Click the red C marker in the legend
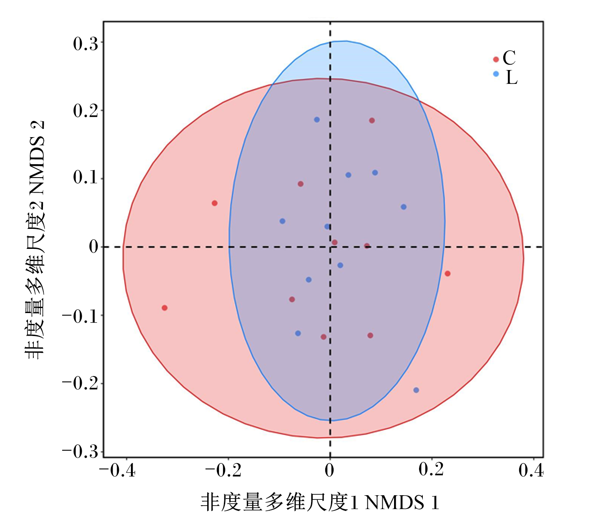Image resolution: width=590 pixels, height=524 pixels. point(496,59)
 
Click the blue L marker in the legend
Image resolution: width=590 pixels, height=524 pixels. point(496,74)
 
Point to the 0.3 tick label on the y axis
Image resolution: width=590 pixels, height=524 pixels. point(85,44)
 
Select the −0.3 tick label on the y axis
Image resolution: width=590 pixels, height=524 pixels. point(80,452)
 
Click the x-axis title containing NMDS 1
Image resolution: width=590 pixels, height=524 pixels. point(319,502)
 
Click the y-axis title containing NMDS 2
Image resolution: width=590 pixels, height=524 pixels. point(35,240)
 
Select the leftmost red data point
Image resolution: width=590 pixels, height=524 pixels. point(165,308)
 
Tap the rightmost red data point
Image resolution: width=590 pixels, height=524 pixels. point(447,273)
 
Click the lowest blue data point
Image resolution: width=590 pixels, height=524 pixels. point(416,390)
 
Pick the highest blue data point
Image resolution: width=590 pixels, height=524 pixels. point(317,120)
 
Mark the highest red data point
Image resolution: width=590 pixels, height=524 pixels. point(372,120)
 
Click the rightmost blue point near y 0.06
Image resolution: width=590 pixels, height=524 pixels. point(404,207)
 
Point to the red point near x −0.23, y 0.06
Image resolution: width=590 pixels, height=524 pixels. point(215,203)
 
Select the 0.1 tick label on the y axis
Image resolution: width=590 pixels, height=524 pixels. point(85,177)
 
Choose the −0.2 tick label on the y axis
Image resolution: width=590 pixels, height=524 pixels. point(80,384)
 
